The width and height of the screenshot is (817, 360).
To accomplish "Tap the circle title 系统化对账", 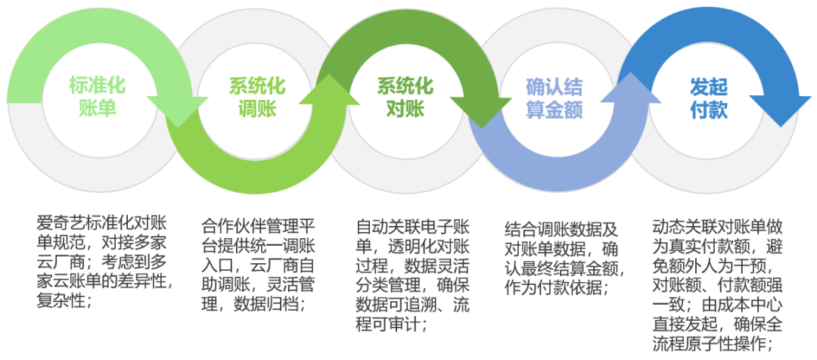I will pyautogui.click(x=405, y=97).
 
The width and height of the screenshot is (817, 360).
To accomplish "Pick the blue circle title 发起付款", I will pyautogui.click(x=709, y=97).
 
